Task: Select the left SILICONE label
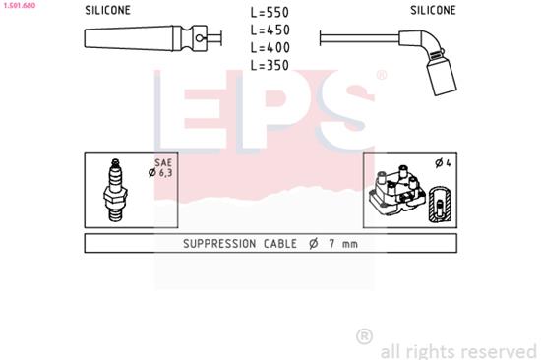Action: click(x=106, y=11)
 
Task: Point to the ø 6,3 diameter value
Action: click(x=161, y=173)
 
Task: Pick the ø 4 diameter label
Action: click(x=442, y=162)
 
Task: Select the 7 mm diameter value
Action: click(x=343, y=244)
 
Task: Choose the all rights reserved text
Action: click(x=457, y=350)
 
